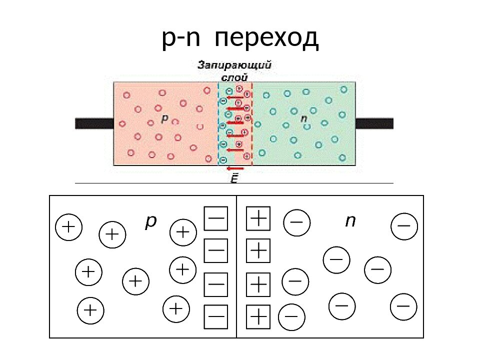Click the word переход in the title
268,38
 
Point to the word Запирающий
234,65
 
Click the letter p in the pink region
164,119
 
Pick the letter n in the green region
304,119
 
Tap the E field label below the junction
234,178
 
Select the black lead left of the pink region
94,123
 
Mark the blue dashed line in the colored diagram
219,125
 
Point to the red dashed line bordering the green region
252,125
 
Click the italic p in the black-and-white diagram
150,222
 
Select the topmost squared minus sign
216,218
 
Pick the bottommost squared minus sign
216,317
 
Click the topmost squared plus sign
258,218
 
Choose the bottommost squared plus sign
258,317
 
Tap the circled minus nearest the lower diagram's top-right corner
403,226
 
